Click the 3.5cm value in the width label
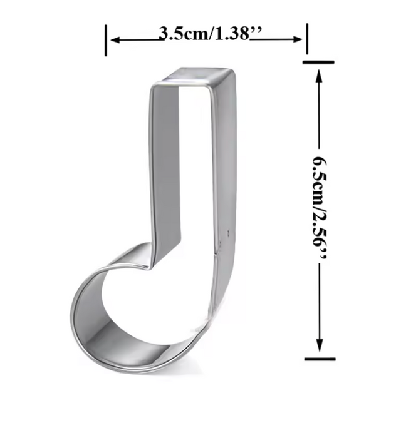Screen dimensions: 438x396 coord(181,34)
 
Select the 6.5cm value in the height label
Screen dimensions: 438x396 coord(320,172)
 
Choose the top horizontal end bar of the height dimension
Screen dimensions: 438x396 coord(319,63)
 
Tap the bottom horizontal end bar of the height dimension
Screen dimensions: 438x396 coord(319,359)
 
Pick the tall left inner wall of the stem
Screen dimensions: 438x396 coord(164,169)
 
